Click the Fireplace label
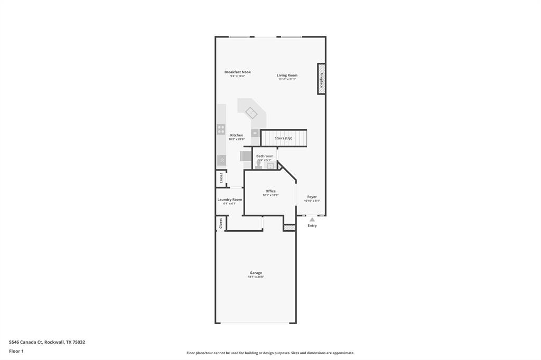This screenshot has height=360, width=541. tap(321, 79)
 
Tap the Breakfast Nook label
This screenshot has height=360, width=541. tap(237, 72)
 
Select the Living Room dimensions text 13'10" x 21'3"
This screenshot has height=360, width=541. tap(287, 79)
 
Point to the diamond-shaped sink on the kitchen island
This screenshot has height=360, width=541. tap(251, 112)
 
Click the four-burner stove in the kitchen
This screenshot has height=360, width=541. tap(221, 129)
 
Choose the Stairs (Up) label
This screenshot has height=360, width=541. tap(283, 138)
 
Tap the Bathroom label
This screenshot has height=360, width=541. tap(265, 156)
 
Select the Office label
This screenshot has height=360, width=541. tap(270, 191)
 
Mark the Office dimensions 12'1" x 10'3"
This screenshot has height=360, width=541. tap(270, 195)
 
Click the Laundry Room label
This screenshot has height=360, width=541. tap(230, 200)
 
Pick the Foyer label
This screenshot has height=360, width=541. tap(312, 197)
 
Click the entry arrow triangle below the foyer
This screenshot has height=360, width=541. tap(312, 219)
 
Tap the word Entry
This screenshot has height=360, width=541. tap(312, 225)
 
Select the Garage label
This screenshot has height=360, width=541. tap(256, 273)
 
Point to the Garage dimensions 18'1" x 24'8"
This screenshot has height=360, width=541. tap(256, 277)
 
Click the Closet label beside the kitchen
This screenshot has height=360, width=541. tap(221, 178)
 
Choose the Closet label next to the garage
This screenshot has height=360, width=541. tap(221, 223)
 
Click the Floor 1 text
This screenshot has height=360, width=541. tap(16, 351)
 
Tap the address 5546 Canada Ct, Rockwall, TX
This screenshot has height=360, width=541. tap(47, 342)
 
